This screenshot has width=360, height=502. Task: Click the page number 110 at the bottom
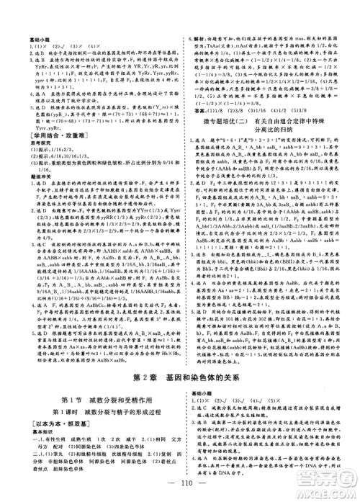pos(179,485)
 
